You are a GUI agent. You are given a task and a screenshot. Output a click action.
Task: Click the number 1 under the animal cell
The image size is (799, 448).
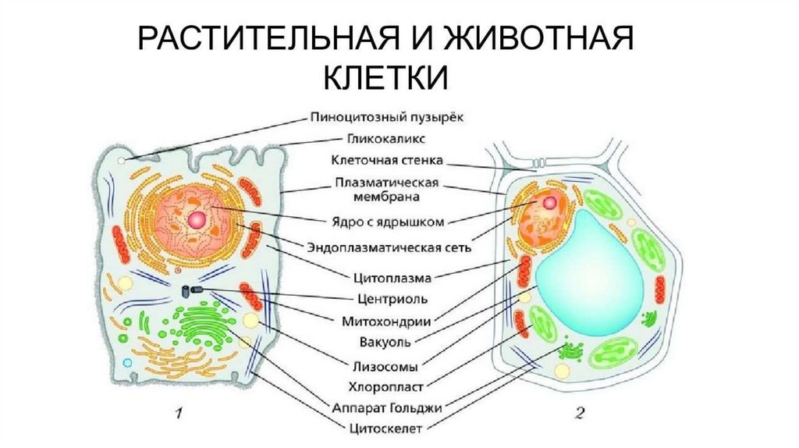tap(179, 414)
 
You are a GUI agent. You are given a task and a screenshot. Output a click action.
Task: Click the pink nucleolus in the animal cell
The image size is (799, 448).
tap(196, 219)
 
